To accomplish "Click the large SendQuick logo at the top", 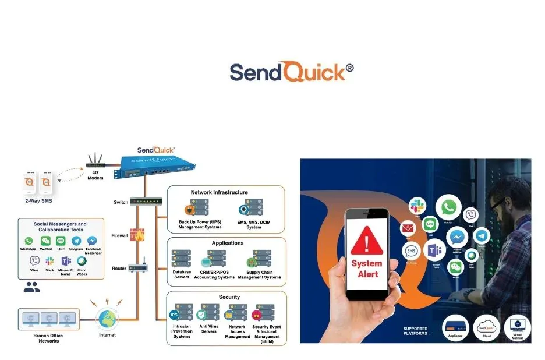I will click(291, 72).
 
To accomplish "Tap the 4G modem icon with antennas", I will click(95, 162).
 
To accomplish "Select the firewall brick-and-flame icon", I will click(138, 235).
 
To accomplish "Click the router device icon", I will click(138, 268).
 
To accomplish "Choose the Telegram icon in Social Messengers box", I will click(76, 241).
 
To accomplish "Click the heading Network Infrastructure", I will click(219, 192).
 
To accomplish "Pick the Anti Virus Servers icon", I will click(209, 313).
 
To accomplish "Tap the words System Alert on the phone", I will click(367, 269).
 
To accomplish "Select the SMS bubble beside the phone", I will click(412, 251).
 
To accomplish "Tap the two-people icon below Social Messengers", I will click(31, 287).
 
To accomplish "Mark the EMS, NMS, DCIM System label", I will click(254, 224).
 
